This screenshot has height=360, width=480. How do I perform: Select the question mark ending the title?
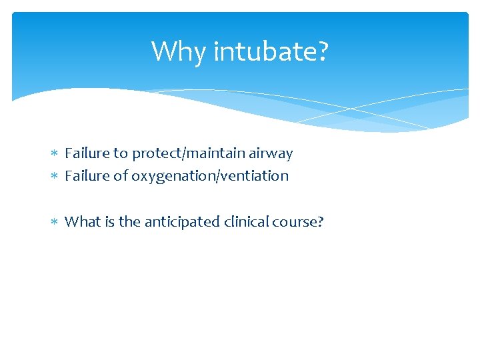(x=323, y=51)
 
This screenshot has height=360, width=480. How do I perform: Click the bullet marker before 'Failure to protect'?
(x=55, y=154)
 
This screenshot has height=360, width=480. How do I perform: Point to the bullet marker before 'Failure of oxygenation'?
(x=55, y=177)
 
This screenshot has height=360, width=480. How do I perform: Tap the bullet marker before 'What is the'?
(x=55, y=222)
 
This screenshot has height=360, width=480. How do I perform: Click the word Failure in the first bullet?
(x=87, y=153)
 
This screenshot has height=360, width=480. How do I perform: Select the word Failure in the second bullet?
(x=87, y=176)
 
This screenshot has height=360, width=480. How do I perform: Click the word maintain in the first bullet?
(x=207, y=153)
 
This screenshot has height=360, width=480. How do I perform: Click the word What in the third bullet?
(x=82, y=221)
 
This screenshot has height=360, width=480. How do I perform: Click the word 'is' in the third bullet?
(x=109, y=221)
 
